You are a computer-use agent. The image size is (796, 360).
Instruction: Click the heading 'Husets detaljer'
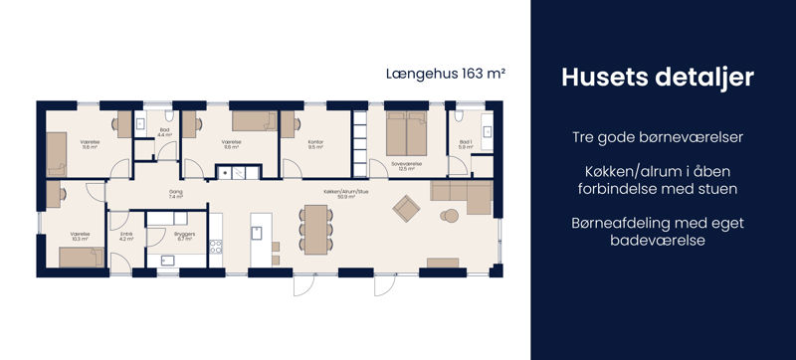663,78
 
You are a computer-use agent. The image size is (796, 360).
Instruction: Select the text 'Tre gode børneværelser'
663,136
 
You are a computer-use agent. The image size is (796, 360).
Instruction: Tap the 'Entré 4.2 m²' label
126,237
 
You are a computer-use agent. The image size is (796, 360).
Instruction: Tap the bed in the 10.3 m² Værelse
81,258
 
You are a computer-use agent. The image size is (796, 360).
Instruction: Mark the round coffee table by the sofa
449,215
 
